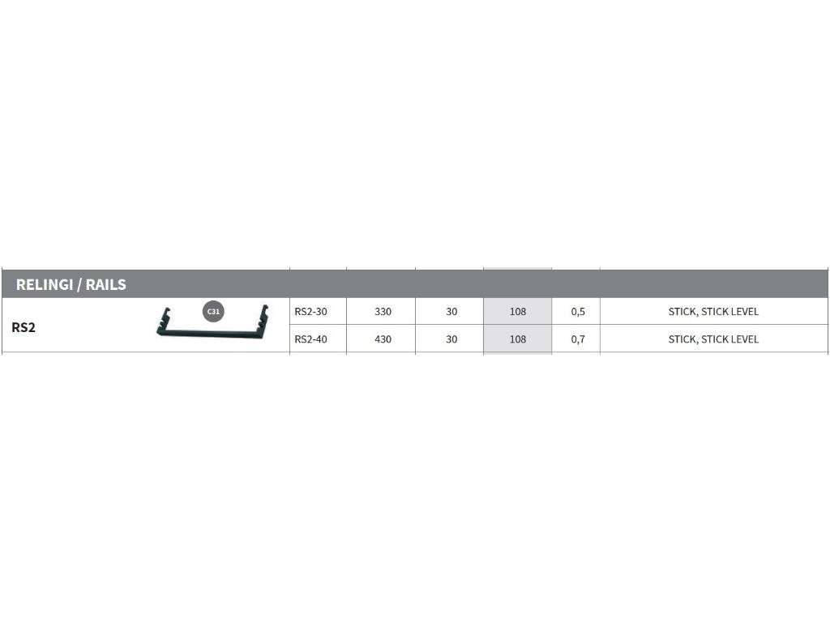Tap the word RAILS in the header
tap(105, 285)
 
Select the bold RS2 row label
tap(24, 328)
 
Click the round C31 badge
tap(213, 311)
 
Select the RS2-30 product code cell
tap(310, 312)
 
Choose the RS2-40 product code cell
tap(310, 339)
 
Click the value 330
tap(383, 312)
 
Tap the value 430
tap(383, 339)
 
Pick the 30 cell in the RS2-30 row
tap(451, 312)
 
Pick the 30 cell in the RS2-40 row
tap(451, 339)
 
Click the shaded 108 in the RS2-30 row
tap(518, 312)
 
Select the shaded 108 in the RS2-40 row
tap(518, 339)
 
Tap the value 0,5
tap(578, 312)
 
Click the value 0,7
tap(578, 339)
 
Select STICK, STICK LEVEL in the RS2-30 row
tap(713, 312)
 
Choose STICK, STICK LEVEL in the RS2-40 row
tap(713, 339)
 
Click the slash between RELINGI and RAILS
tap(80, 285)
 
